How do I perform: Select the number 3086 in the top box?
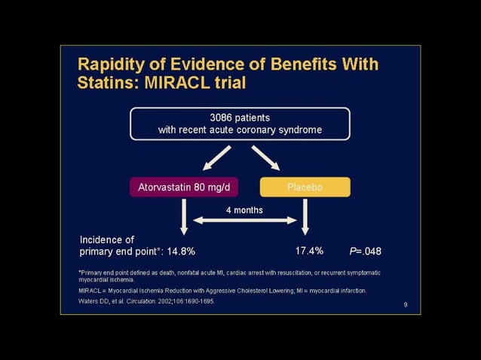click(x=222, y=117)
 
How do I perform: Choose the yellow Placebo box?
click(x=305, y=187)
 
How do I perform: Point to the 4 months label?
click(x=244, y=209)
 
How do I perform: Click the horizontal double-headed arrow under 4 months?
click(x=244, y=220)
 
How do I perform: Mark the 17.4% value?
click(x=308, y=251)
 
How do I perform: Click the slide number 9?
click(x=406, y=304)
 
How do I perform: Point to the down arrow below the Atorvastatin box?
click(x=182, y=218)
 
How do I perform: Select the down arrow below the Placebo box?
click(x=305, y=218)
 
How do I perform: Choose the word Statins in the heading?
click(x=105, y=81)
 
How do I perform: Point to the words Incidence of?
click(x=107, y=239)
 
